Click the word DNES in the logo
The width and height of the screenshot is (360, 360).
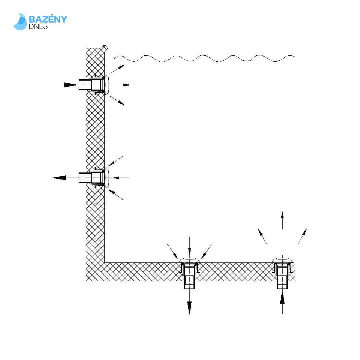pos(38,26)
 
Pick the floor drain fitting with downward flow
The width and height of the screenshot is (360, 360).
pos(189,273)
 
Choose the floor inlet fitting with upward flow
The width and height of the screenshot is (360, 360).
pos(282,273)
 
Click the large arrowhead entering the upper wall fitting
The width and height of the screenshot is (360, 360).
pos(70,85)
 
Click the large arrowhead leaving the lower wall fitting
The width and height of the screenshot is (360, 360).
pos(60,178)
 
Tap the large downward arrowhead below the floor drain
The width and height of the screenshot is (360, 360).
pos(189,308)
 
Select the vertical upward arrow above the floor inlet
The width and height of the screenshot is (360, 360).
pos(282,220)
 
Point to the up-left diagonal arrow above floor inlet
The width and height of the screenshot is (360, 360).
pos(262,237)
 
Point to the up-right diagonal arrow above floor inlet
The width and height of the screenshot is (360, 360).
pos(302,236)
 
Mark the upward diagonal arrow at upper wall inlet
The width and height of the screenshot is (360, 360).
pos(117,69)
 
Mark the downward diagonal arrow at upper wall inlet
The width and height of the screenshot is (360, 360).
pos(117,101)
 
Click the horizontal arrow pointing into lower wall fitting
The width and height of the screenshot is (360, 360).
pos(122,178)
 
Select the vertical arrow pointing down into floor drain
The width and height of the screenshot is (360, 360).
pos(189,246)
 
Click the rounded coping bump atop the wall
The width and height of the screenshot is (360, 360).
pos(105,48)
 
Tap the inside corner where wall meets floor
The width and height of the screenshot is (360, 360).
pos(104,262)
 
